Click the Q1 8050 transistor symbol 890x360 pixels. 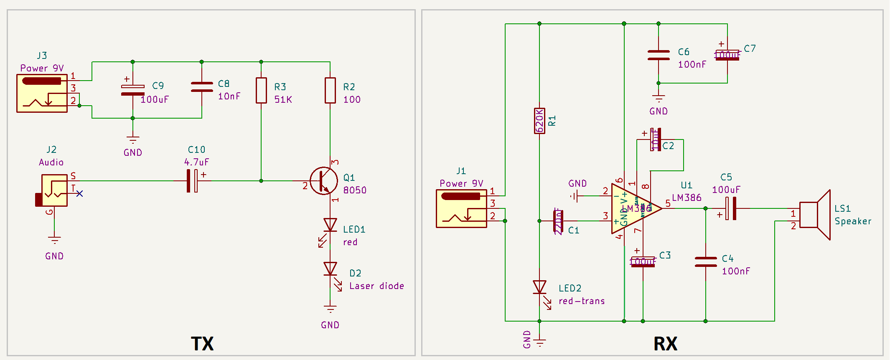point(324,181)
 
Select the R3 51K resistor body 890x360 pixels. point(261,90)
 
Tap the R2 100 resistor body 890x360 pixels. point(330,90)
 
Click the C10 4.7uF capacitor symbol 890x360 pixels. point(192,181)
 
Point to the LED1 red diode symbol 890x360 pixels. point(330,226)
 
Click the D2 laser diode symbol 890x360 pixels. point(330,269)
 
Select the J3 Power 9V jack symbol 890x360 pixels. point(42,93)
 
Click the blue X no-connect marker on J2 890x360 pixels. point(80,193)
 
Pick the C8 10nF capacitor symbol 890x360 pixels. point(202,87)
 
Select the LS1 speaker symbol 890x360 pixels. point(815,215)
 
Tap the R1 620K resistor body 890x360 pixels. point(539,121)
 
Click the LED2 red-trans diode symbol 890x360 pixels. point(539,287)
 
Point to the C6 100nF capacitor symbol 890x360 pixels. point(659,55)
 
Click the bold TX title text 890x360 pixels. point(202,344)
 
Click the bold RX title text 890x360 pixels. point(665,344)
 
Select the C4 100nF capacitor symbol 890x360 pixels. point(705,262)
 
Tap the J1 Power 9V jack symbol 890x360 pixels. point(461,208)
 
